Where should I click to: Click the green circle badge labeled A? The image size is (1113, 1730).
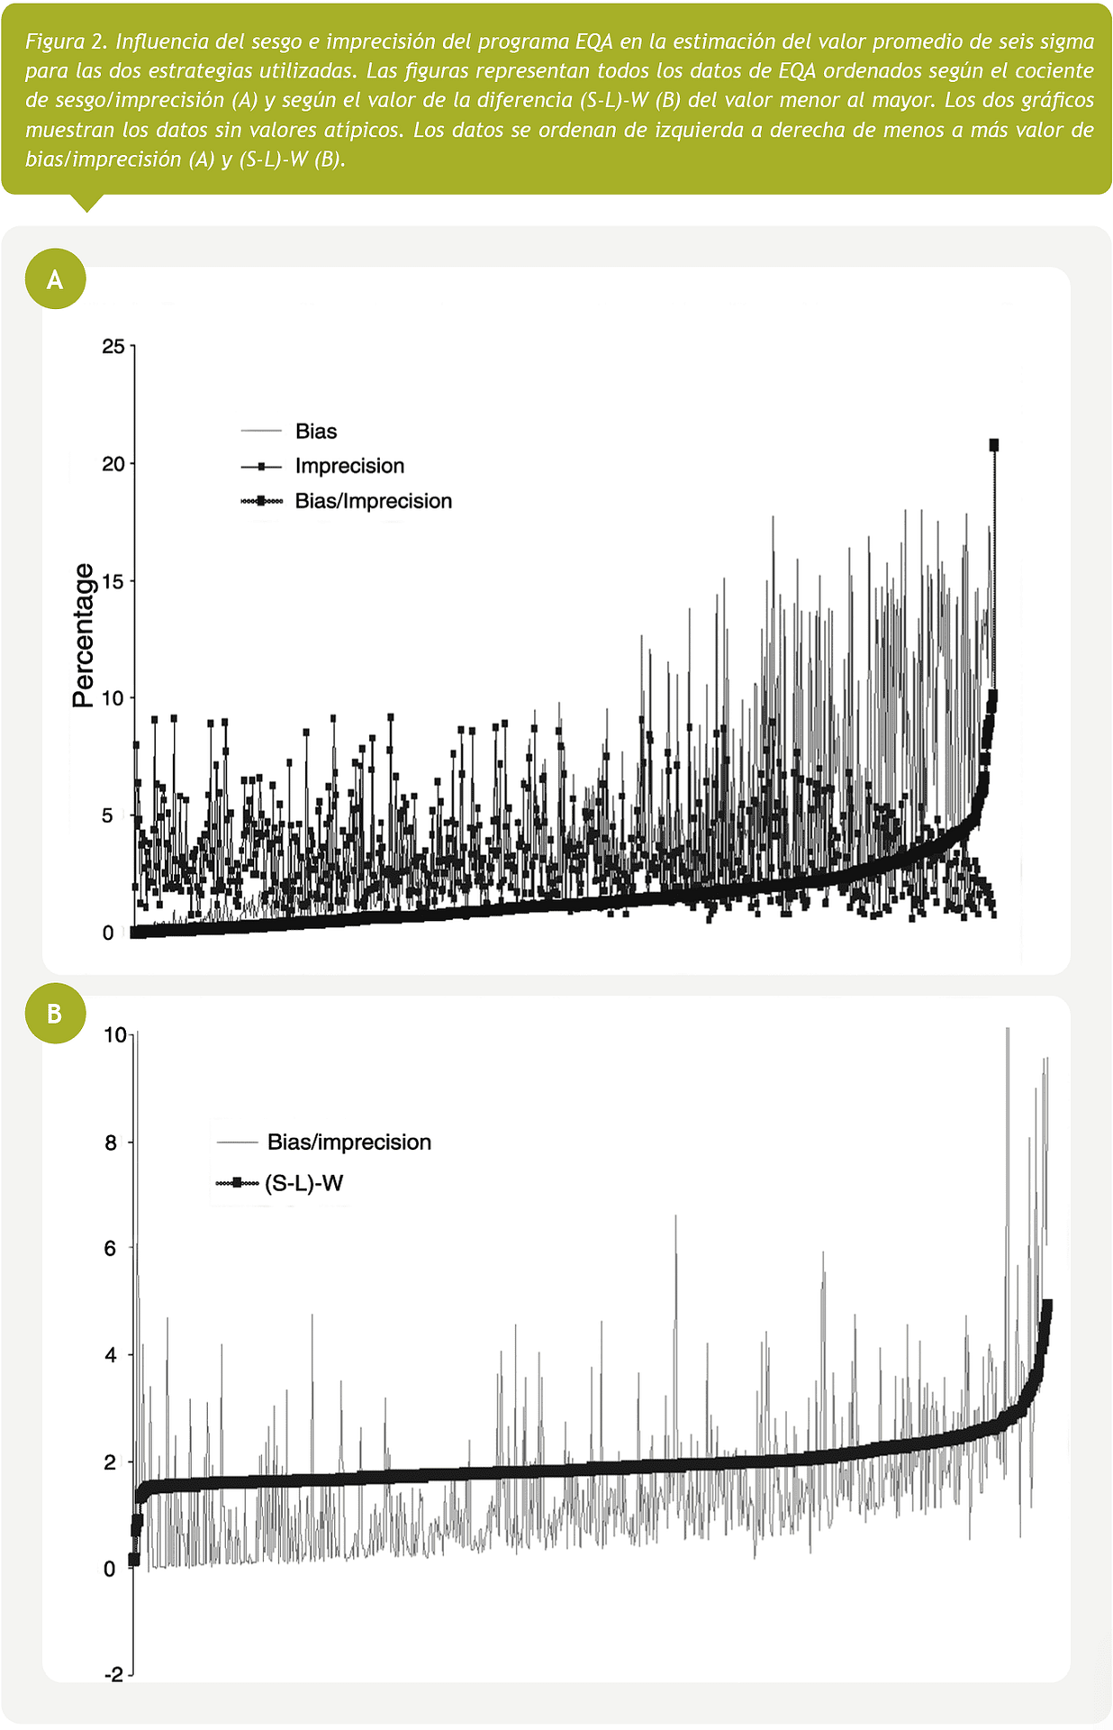point(55,279)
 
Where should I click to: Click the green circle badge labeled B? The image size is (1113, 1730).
point(55,1014)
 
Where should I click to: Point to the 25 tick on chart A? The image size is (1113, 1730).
point(113,347)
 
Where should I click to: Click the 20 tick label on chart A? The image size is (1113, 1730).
point(113,464)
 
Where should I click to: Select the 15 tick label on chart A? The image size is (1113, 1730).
point(113,581)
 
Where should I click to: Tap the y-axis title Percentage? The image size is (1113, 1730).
point(83,635)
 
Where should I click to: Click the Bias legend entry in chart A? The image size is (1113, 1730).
point(315,432)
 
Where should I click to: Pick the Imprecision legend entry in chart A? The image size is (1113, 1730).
point(349,466)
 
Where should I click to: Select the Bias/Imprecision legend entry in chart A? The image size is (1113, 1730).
point(373,501)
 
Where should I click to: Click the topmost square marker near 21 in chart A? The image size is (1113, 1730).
point(994,444)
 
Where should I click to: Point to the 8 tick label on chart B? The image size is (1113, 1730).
point(111,1143)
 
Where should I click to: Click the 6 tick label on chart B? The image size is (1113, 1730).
point(111,1248)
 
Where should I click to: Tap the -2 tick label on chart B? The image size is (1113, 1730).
point(113,1675)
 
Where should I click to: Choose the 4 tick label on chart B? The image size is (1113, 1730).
point(111,1355)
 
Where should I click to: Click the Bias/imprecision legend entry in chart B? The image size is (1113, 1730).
point(348,1143)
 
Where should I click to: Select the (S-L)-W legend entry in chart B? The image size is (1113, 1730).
point(303,1183)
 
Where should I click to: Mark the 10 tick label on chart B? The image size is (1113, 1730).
point(115,1035)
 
